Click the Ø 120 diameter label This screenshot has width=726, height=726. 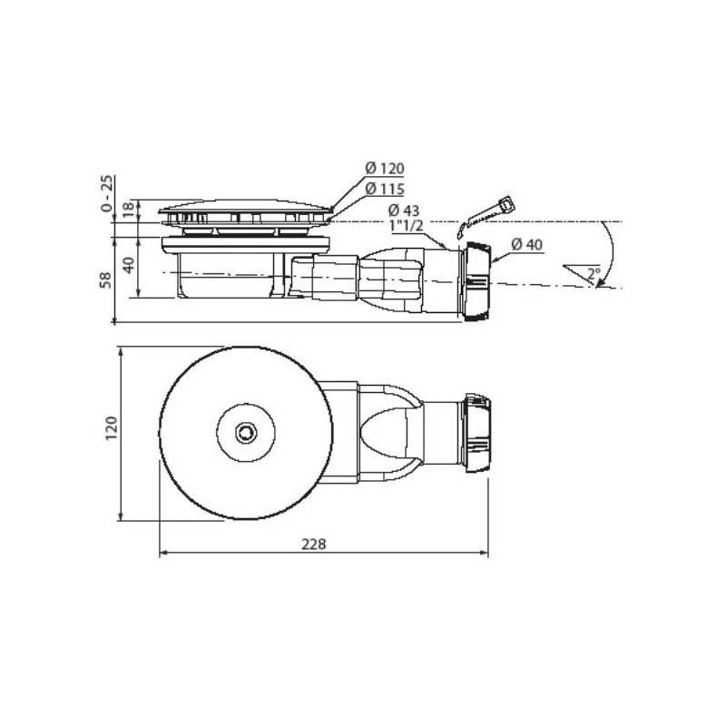click(x=384, y=168)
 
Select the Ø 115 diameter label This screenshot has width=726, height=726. click(x=384, y=189)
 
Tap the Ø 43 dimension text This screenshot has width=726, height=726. click(x=404, y=211)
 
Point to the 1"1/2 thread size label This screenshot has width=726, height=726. click(x=406, y=226)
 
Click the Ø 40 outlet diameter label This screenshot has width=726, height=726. click(x=527, y=244)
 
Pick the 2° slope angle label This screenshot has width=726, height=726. click(x=594, y=274)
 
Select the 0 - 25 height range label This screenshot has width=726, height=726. click(x=106, y=193)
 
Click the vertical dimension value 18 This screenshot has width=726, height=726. click(x=130, y=210)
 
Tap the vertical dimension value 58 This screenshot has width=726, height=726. click(x=106, y=280)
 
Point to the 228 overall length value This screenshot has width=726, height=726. click(x=314, y=544)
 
